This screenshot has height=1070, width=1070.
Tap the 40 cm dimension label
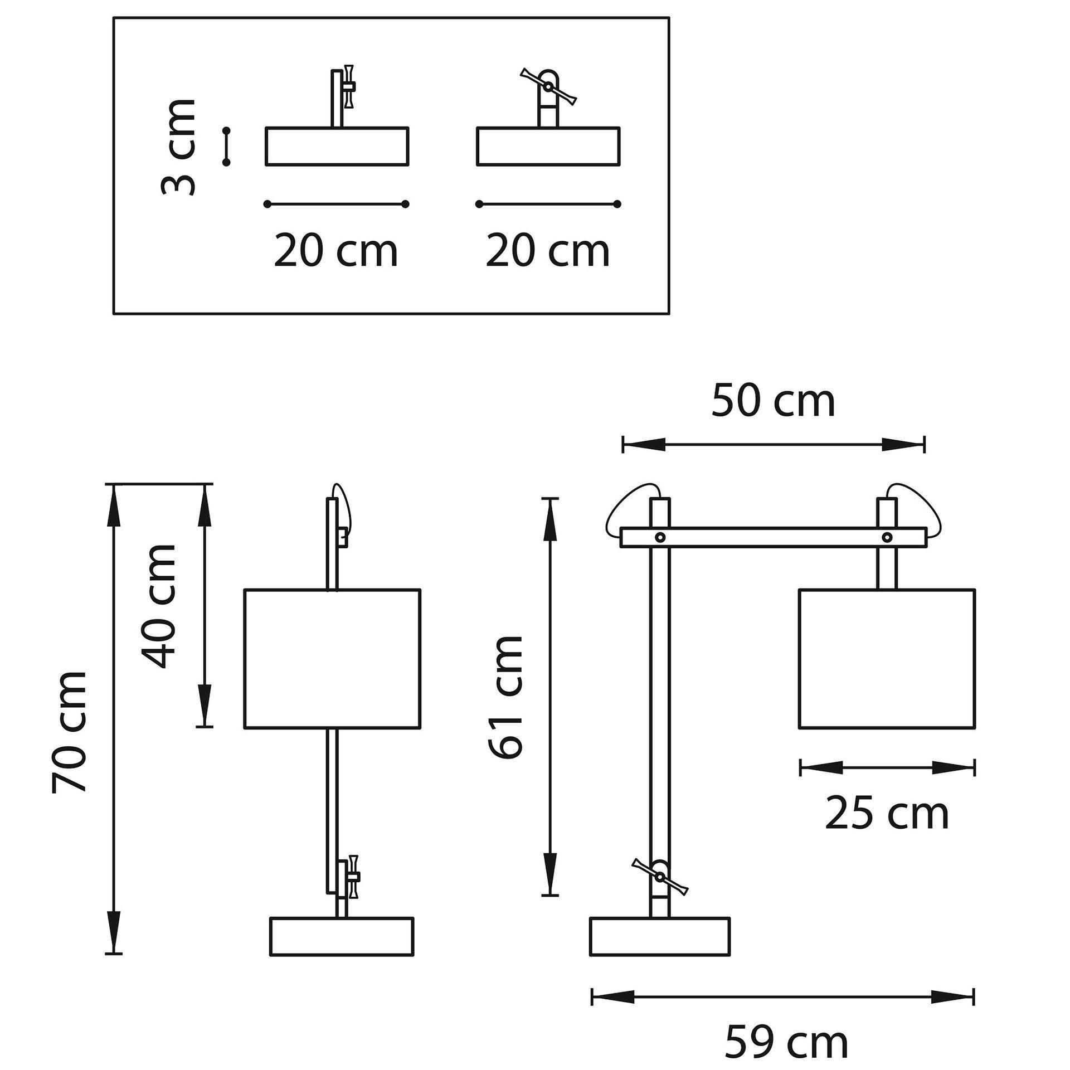pyautogui.click(x=159, y=606)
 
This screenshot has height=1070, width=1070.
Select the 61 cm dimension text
pyautogui.click(x=505, y=697)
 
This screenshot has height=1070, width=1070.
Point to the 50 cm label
pyautogui.click(x=774, y=401)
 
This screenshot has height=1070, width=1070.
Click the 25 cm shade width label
pyautogui.click(x=887, y=814)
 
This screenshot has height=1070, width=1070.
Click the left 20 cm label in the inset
pyautogui.click(x=336, y=251)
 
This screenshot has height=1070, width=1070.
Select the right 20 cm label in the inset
pyautogui.click(x=548, y=251)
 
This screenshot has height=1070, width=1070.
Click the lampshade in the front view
pyautogui.click(x=332, y=658)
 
